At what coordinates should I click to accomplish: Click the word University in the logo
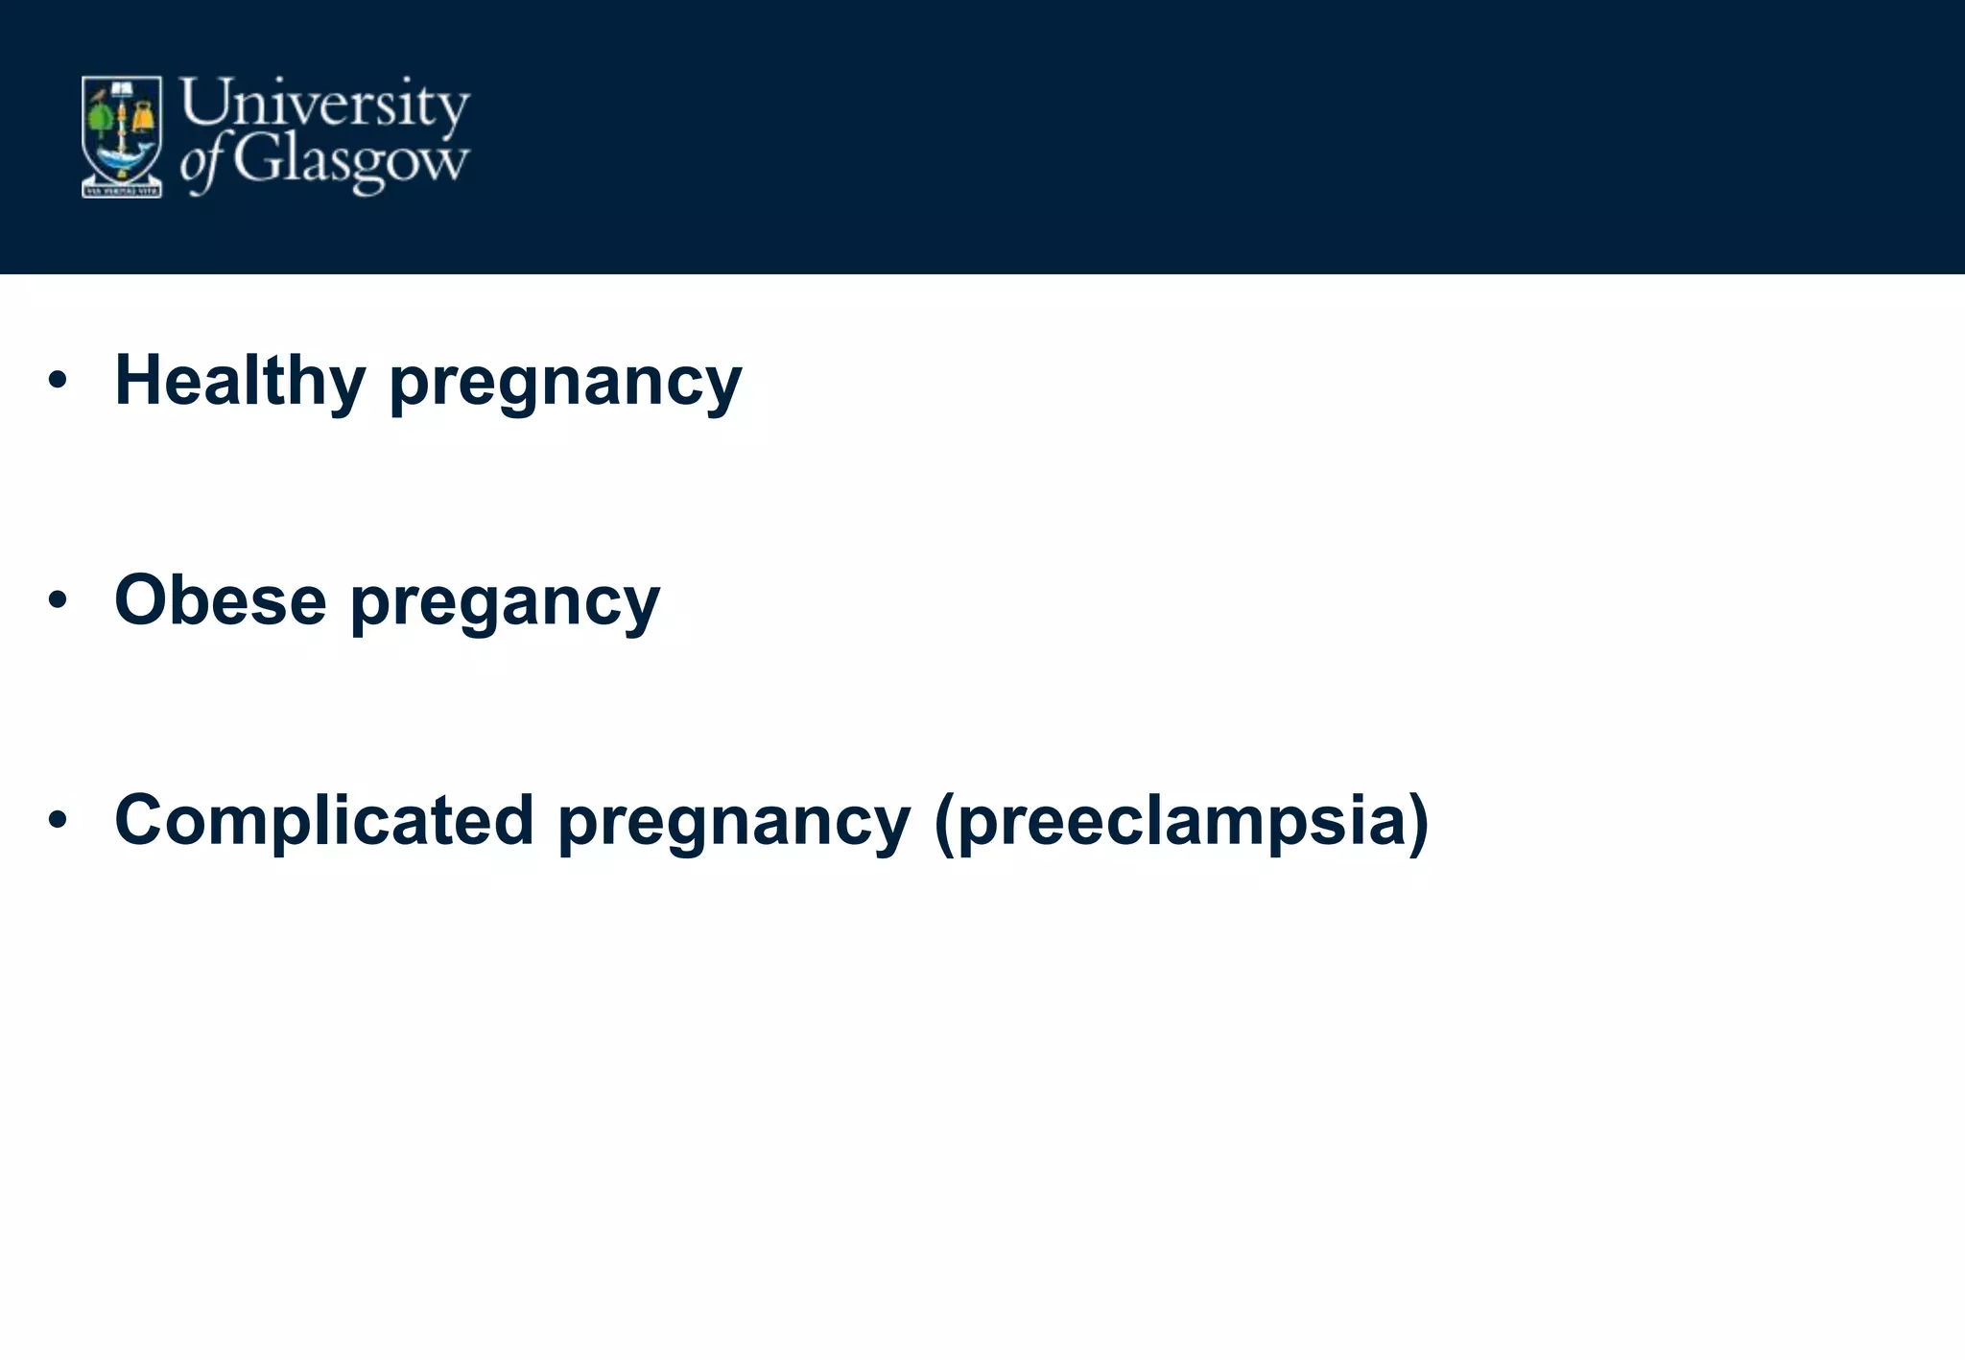coord(324,104)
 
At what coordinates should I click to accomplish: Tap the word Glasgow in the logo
coord(351,161)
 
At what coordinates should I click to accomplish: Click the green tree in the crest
coord(99,119)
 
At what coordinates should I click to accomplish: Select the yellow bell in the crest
coord(144,116)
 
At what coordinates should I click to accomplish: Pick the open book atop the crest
coord(122,89)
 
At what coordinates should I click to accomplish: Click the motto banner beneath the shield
coord(121,191)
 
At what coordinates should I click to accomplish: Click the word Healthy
coord(240,380)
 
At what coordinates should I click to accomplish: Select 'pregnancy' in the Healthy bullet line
coord(565,384)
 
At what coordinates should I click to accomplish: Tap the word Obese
coord(220,600)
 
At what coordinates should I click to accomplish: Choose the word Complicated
coord(324,820)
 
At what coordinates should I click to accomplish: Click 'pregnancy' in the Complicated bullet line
coord(734,824)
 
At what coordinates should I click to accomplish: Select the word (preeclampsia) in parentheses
coord(1181,824)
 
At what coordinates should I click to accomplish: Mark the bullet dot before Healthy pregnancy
coord(58,381)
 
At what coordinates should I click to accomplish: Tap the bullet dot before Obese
coord(58,600)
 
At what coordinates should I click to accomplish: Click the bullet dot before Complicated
coord(58,820)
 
